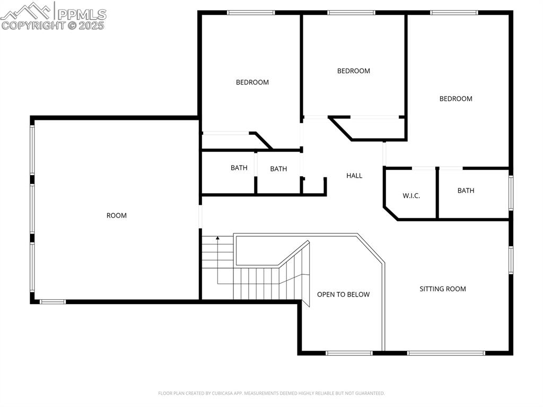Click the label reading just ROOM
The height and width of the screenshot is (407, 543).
point(117,215)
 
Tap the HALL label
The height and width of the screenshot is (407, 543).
point(354,176)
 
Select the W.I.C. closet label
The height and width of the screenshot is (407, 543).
point(411,196)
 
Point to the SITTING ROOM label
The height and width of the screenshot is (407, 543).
point(443,289)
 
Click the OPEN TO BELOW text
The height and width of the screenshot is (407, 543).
point(343,295)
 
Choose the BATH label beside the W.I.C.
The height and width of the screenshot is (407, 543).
point(466,190)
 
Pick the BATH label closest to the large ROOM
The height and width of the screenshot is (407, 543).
point(239,168)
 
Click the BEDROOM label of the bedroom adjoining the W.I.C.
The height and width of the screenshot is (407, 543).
point(456,99)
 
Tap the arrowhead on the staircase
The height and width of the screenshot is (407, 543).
point(217,239)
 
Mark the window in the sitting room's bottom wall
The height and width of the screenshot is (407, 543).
point(445,352)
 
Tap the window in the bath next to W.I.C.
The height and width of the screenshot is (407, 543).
point(511,190)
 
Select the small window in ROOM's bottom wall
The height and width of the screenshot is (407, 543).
point(53,301)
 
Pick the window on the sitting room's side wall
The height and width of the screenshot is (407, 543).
point(511,259)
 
